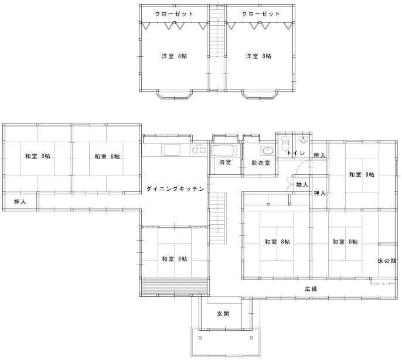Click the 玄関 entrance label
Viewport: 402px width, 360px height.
[223, 313]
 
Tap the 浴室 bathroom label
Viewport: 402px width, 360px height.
[226, 162]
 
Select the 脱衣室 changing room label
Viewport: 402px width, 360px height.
[261, 163]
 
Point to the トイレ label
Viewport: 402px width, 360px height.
[296, 153]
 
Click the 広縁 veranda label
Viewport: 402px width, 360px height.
[311, 289]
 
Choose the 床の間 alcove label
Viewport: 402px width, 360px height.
[387, 260]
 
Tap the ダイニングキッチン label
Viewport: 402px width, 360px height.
[175, 189]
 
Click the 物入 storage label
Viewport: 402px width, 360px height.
[302, 184]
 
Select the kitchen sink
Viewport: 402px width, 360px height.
[172, 150]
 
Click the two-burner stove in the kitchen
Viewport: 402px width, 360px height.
[199, 149]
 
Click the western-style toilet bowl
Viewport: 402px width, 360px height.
[285, 144]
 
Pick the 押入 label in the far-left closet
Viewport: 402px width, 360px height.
[20, 202]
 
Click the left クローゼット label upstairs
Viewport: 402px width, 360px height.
[174, 14]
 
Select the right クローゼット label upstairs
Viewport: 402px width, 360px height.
[261, 14]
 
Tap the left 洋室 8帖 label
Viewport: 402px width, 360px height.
[175, 56]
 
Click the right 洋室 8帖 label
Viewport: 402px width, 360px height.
[258, 56]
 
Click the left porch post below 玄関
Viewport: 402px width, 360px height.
[200, 338]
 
